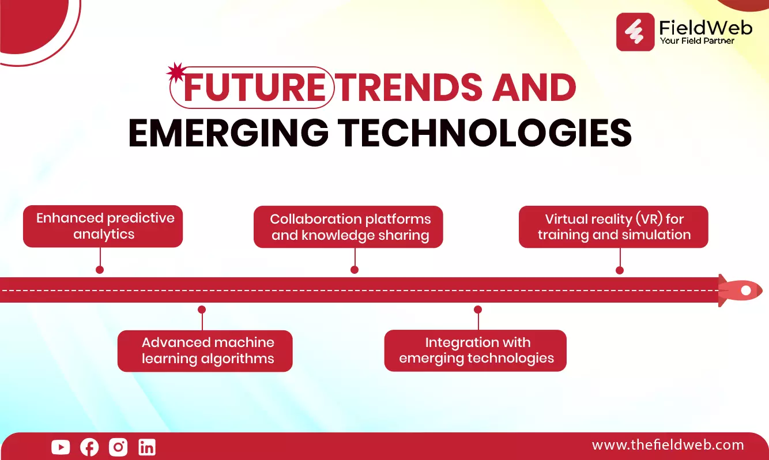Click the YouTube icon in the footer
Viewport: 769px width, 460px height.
click(x=61, y=447)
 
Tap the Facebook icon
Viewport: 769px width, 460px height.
click(x=89, y=447)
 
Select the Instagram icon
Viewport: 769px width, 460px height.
click(x=118, y=447)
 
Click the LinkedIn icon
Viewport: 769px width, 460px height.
click(x=147, y=447)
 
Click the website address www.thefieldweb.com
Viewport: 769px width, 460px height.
click(x=668, y=445)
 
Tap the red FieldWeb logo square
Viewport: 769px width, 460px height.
click(x=635, y=32)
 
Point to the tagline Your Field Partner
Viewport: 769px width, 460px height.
click(x=697, y=41)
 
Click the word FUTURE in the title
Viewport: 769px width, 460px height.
click(x=254, y=88)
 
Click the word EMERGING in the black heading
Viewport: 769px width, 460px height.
click(x=228, y=133)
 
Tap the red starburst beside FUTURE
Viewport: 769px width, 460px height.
click(x=176, y=73)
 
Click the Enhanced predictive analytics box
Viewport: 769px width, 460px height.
click(x=103, y=226)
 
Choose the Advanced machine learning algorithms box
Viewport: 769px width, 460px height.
click(x=205, y=351)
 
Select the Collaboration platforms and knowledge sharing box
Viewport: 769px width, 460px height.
click(x=348, y=227)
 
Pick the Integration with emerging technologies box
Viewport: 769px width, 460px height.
click(x=476, y=350)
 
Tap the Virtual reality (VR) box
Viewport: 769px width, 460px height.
click(x=613, y=227)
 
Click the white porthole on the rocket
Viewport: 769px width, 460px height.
click(x=746, y=291)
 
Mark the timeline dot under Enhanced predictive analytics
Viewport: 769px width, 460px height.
click(x=100, y=270)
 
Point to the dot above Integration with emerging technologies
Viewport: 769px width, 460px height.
click(x=478, y=310)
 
